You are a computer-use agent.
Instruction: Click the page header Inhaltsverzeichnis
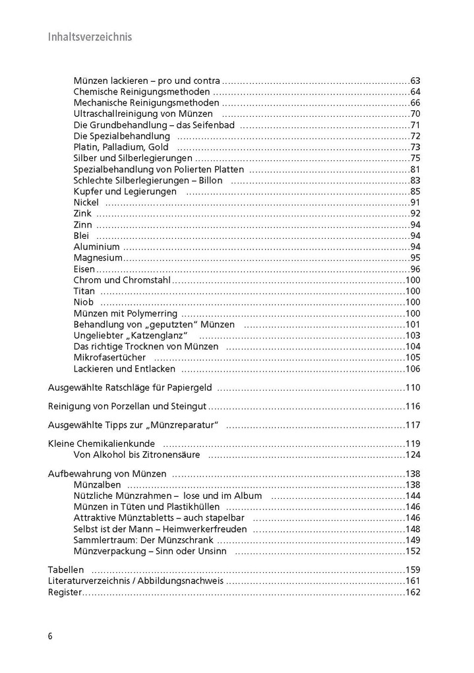(90, 37)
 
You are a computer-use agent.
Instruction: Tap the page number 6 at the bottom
(50, 636)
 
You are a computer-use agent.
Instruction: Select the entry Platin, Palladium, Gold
(121, 147)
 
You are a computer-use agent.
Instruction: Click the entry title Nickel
(86, 203)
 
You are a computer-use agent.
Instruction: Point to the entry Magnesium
(98, 258)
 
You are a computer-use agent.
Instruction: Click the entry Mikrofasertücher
(109, 358)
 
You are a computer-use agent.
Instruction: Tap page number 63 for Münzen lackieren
(415, 80)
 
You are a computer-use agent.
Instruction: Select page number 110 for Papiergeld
(413, 387)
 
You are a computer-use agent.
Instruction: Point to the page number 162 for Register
(413, 593)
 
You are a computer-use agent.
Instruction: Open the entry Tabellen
(66, 570)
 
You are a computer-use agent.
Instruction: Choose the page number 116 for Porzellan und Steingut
(413, 406)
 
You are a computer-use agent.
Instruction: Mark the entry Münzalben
(97, 484)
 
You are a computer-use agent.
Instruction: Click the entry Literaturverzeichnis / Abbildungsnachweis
(136, 581)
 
